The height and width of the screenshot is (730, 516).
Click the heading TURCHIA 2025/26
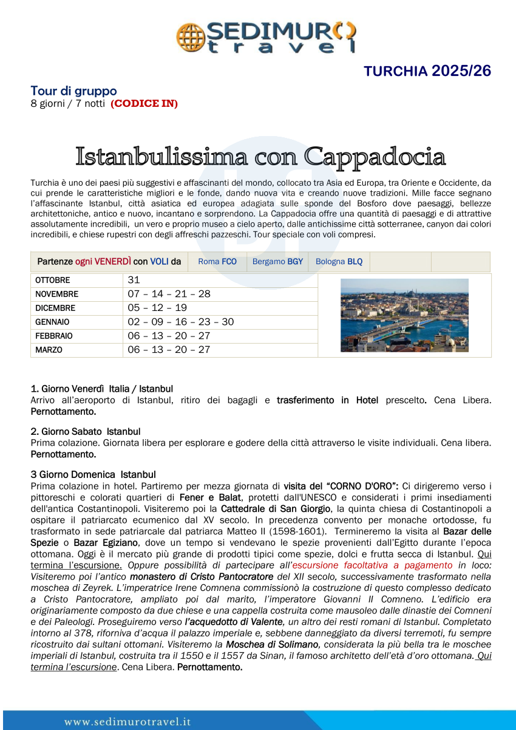[x=427, y=71]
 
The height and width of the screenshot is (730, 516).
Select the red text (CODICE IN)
[x=144, y=104]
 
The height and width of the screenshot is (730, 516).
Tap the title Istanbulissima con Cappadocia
[x=260, y=156]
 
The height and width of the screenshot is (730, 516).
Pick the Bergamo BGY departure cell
[x=277, y=262]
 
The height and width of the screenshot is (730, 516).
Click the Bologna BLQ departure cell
[x=339, y=262]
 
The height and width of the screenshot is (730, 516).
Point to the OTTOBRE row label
[x=53, y=281]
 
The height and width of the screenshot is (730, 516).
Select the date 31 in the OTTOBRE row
[x=134, y=280]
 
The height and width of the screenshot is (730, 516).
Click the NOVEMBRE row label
[x=57, y=295]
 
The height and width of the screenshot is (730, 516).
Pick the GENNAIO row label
[x=53, y=322]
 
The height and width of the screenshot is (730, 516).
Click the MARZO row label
[x=49, y=350]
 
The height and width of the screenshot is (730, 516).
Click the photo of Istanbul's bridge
[x=404, y=315]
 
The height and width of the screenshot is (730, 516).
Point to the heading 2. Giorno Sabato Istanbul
[x=86, y=432]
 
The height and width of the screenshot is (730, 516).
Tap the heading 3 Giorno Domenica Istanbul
[x=93, y=474]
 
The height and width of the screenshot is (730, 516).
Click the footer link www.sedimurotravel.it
[x=127, y=722]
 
